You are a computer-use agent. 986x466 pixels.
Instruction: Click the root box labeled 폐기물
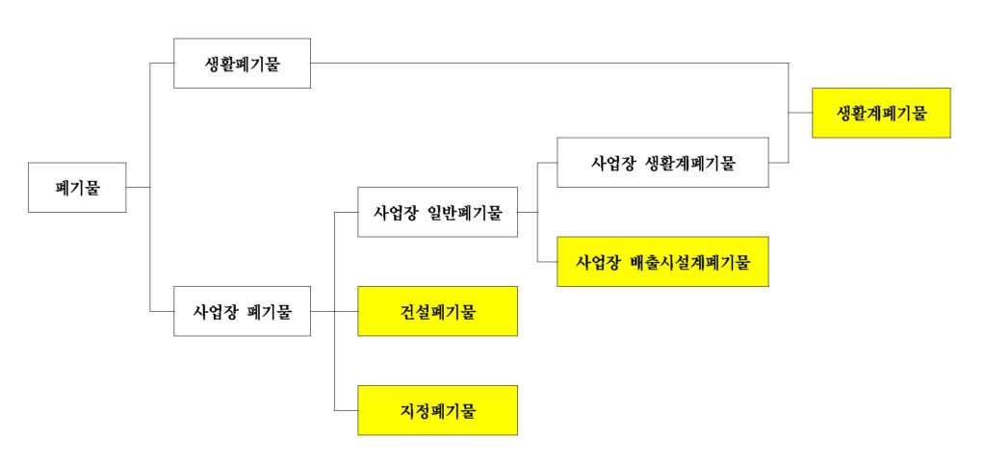pyautogui.click(x=77, y=187)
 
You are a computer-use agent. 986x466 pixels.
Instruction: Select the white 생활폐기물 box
pyautogui.click(x=242, y=64)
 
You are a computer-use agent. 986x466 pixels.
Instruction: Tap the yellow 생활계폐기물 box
pyautogui.click(x=881, y=113)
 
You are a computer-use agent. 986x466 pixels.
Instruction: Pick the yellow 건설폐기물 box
pyautogui.click(x=437, y=311)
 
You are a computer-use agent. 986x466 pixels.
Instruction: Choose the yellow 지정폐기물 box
pyautogui.click(x=437, y=410)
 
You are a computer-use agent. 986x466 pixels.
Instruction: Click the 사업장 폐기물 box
pyautogui.click(x=242, y=311)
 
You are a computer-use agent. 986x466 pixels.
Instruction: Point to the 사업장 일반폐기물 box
pyautogui.click(x=437, y=212)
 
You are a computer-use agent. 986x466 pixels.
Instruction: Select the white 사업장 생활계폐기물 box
pyautogui.click(x=662, y=162)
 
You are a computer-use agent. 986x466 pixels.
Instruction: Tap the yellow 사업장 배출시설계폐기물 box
pyautogui.click(x=662, y=261)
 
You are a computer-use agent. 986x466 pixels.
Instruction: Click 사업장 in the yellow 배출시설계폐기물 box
pyautogui.click(x=597, y=261)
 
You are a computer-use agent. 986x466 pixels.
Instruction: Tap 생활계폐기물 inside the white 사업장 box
pyautogui.click(x=690, y=162)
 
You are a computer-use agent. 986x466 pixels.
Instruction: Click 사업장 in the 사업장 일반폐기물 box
pyautogui.click(x=394, y=212)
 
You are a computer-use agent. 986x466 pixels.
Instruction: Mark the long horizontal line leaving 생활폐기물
pyautogui.click(x=549, y=64)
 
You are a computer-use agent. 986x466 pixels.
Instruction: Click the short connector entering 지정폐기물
pyautogui.click(x=346, y=410)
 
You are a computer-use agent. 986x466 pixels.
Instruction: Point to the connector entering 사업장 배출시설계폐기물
pyautogui.click(x=547, y=261)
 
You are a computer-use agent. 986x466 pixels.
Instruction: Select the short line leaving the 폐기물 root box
pyautogui.click(x=139, y=187)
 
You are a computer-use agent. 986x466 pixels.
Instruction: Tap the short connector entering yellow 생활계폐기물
pyautogui.click(x=800, y=113)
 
